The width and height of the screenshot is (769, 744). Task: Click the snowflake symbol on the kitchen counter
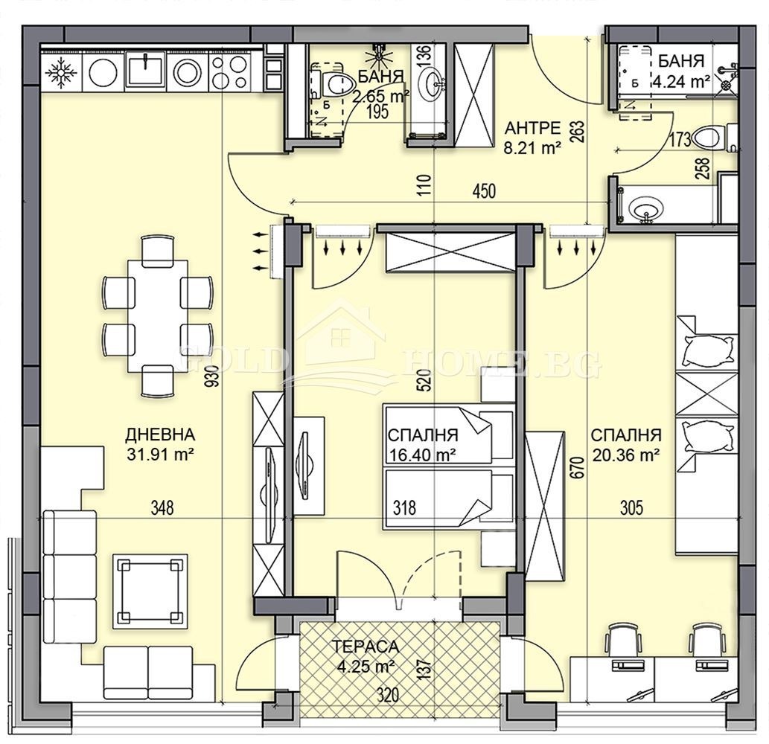(x=61, y=72)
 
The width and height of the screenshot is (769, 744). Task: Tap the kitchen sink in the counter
(x=146, y=72)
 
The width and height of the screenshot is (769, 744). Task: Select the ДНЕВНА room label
(x=160, y=434)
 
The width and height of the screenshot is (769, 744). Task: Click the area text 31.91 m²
(x=160, y=454)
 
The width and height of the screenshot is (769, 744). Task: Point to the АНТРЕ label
(x=532, y=129)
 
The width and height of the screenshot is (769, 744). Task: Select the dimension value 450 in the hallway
(x=484, y=191)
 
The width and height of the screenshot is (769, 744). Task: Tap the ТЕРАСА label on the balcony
(x=366, y=647)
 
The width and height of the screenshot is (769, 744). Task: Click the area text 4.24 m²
(x=680, y=81)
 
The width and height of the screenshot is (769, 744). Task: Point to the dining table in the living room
(x=157, y=315)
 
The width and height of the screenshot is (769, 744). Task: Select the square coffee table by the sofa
(x=150, y=591)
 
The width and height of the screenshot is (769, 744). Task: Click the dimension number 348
(x=162, y=507)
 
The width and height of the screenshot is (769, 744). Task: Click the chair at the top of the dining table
(x=157, y=251)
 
